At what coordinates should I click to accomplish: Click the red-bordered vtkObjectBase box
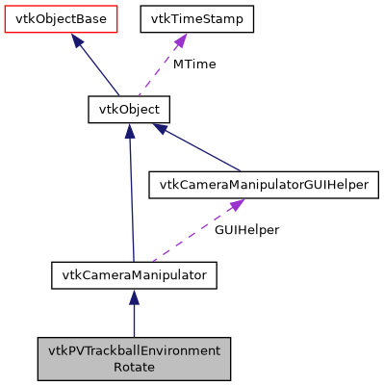tap(61, 18)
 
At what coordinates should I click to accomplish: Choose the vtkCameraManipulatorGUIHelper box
tap(259, 186)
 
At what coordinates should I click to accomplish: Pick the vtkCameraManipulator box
tap(134, 275)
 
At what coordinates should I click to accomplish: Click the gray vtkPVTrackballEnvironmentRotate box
tap(134, 358)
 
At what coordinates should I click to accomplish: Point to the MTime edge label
tap(193, 64)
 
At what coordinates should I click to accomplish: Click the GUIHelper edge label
tap(245, 231)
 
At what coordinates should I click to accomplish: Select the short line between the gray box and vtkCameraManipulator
tap(134, 318)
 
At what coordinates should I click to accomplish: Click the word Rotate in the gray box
tap(134, 367)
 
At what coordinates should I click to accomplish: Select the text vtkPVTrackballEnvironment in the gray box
tap(134, 349)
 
